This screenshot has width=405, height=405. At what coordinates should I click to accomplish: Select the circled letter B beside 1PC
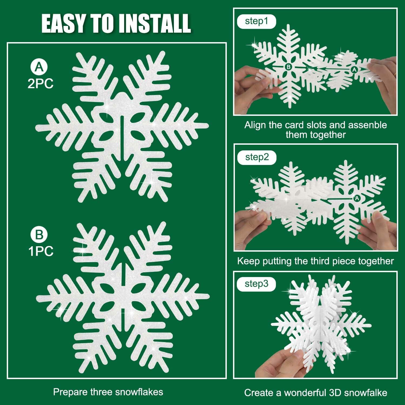[x=39, y=235]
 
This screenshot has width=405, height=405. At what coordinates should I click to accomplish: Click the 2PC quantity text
[x=40, y=84]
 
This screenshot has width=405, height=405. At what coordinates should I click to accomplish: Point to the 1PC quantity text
[x=41, y=251]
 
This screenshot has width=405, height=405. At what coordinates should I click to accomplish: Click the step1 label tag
[x=256, y=21]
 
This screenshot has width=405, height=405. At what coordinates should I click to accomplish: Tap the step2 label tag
[x=257, y=157]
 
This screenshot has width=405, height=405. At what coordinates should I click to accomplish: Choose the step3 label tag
[x=256, y=284]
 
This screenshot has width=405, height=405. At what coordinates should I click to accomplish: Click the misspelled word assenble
[x=367, y=125]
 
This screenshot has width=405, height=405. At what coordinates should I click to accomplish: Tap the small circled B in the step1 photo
[x=288, y=67]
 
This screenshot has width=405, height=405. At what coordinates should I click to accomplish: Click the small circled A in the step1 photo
[x=355, y=70]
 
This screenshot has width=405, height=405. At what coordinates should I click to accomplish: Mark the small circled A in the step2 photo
[x=357, y=198]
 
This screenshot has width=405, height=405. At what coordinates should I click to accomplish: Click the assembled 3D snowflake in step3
[x=321, y=324]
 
